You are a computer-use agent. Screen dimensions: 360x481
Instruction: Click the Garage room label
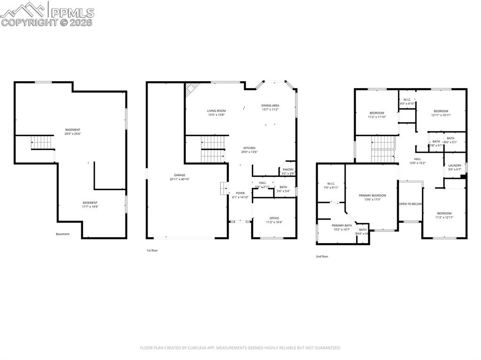click(x=180, y=175)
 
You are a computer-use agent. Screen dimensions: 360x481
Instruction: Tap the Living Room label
click(x=217, y=111)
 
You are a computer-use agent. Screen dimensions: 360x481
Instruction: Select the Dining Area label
click(x=270, y=106)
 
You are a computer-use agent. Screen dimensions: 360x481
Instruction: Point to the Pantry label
click(x=288, y=169)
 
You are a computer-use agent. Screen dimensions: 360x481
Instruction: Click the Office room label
click(x=274, y=218)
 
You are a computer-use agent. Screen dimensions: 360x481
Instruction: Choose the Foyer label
click(x=240, y=193)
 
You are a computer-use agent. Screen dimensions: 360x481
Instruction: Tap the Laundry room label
click(x=455, y=165)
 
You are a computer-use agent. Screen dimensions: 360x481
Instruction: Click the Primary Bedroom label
click(x=372, y=195)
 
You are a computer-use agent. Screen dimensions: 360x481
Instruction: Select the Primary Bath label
click(x=341, y=225)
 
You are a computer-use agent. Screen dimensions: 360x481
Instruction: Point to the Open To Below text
click(x=411, y=204)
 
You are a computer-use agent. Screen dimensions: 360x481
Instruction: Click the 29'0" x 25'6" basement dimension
click(x=73, y=133)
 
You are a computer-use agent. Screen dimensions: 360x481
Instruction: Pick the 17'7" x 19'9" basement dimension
click(x=90, y=207)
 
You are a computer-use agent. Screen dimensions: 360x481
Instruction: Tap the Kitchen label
click(x=249, y=148)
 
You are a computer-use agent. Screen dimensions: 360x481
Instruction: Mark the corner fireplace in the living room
click(x=192, y=89)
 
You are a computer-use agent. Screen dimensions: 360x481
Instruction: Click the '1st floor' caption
click(x=152, y=251)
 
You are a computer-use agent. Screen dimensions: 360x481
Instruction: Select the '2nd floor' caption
click(x=322, y=257)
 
